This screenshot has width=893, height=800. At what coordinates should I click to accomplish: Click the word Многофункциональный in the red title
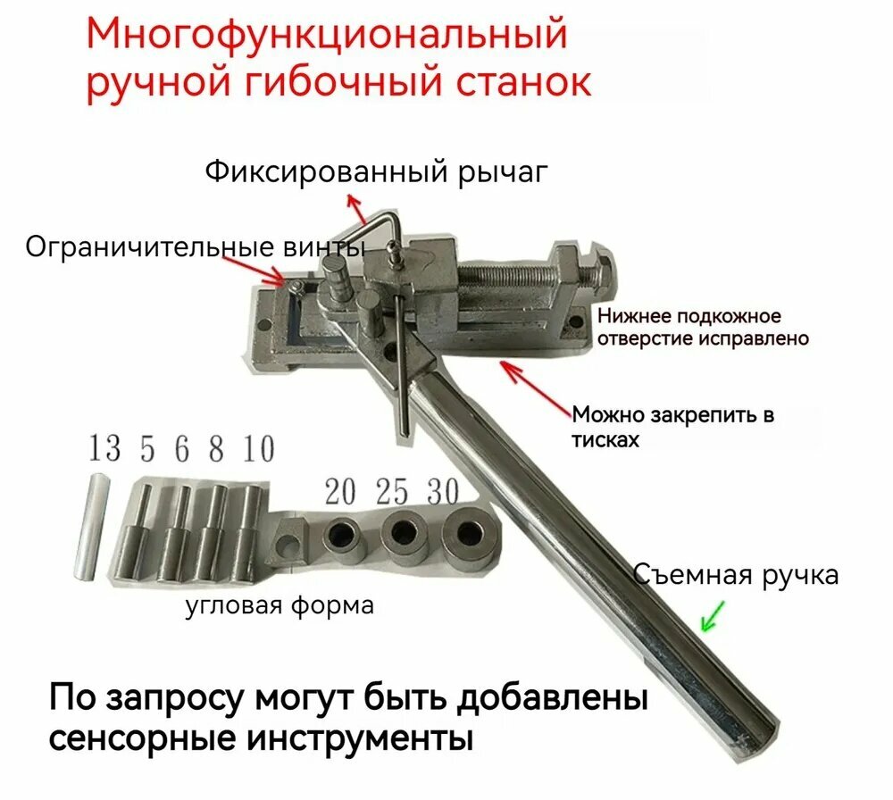(327, 36)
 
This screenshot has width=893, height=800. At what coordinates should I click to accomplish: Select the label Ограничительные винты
(195, 246)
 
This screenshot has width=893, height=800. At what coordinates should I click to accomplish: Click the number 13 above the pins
(104, 448)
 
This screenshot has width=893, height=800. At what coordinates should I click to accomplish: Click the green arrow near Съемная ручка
(713, 615)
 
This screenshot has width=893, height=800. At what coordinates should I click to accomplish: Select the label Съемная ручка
(736, 575)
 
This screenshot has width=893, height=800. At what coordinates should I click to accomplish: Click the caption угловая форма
(280, 606)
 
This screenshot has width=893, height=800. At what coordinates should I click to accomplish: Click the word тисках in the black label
(605, 441)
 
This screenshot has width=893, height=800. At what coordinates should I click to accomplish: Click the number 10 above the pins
(258, 448)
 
